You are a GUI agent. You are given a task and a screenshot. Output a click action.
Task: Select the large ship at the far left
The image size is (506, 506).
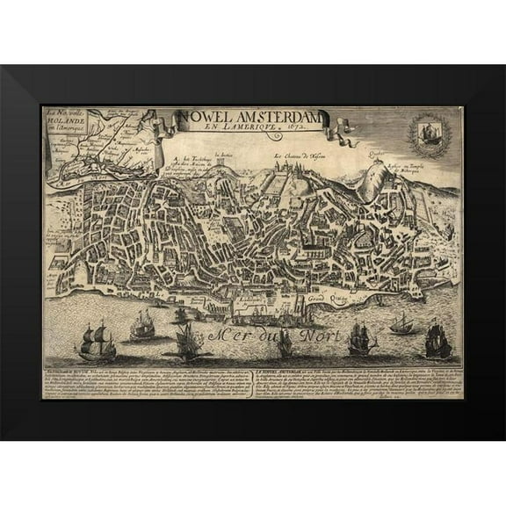[96, 341]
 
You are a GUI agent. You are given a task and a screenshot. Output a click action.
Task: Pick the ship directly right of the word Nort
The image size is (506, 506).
[359, 338]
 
